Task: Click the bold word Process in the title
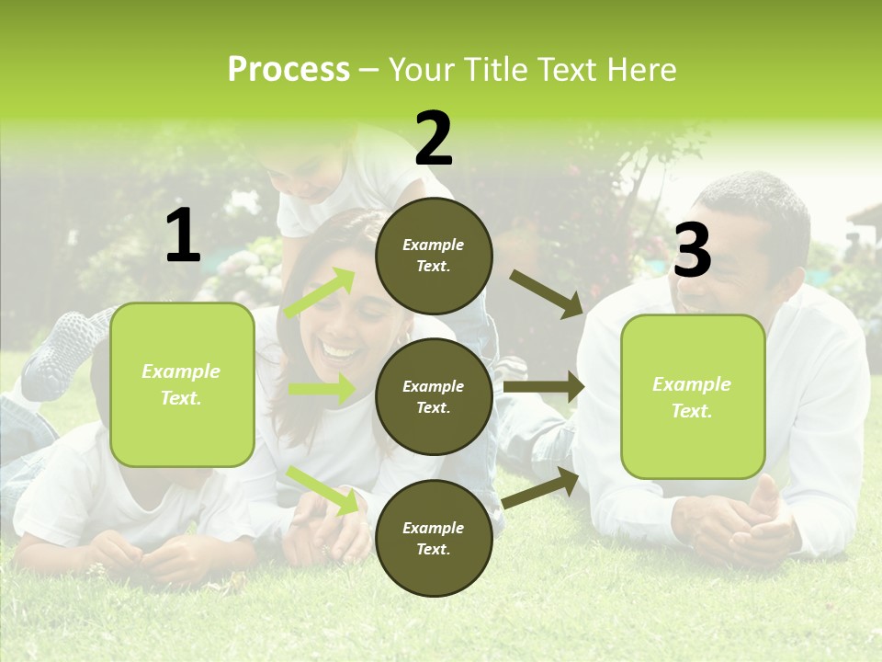(x=288, y=70)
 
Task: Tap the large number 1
(x=183, y=236)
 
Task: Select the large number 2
(x=434, y=139)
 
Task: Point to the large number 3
(x=692, y=250)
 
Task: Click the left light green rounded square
(x=182, y=384)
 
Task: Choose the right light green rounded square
(x=693, y=397)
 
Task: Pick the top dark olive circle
(x=434, y=256)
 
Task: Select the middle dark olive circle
(x=434, y=397)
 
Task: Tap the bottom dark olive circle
(x=434, y=539)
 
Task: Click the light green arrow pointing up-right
(x=320, y=293)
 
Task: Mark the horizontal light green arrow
(x=322, y=389)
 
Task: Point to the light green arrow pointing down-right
(x=323, y=491)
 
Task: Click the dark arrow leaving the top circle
(x=546, y=293)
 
